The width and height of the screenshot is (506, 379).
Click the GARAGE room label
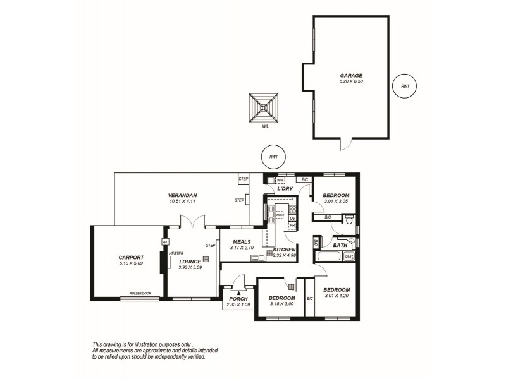(351, 75)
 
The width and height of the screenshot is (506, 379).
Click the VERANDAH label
(183, 196)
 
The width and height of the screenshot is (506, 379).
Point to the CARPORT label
(131, 257)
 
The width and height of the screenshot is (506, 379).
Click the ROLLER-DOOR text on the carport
(140, 294)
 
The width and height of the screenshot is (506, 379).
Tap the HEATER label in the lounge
(176, 253)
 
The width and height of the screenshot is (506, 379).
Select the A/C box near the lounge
(166, 242)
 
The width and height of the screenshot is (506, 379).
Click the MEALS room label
(242, 241)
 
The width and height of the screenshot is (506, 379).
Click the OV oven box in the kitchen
(293, 218)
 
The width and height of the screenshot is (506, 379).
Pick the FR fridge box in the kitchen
(293, 225)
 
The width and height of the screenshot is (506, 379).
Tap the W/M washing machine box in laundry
(280, 181)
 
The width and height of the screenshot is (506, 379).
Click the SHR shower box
(349, 256)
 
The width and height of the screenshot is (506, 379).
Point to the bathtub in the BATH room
(327, 256)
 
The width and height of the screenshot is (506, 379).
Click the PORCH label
(238, 299)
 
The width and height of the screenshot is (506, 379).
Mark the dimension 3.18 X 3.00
(281, 304)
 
